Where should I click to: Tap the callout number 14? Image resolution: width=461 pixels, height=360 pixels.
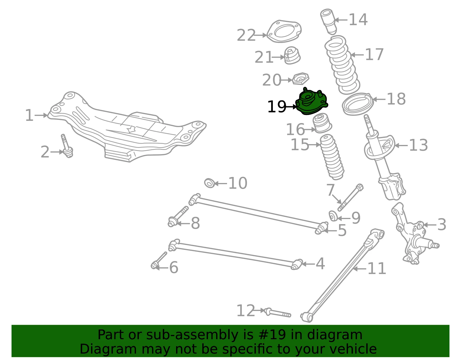pyautogui.click(x=358, y=20)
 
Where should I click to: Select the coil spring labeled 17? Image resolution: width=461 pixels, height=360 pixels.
pyautogui.click(x=342, y=65)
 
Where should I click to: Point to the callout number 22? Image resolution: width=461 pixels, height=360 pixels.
pyautogui.click(x=246, y=35)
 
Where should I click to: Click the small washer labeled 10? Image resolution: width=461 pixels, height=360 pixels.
pyautogui.click(x=209, y=183)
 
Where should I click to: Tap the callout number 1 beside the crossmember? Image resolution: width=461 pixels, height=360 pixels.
pyautogui.click(x=29, y=115)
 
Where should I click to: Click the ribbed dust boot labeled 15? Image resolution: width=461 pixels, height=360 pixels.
pyautogui.click(x=332, y=157)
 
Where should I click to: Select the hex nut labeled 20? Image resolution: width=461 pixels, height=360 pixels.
pyautogui.click(x=301, y=79)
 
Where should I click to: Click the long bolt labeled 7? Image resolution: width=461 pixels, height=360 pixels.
pyautogui.click(x=350, y=197)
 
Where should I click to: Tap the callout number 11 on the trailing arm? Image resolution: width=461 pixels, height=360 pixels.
pyautogui.click(x=377, y=269)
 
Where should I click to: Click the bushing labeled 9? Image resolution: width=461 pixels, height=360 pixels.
pyautogui.click(x=333, y=216)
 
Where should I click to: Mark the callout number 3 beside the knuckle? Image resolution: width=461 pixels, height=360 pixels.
pyautogui.click(x=442, y=225)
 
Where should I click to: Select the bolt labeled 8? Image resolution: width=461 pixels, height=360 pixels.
pyautogui.click(x=178, y=216)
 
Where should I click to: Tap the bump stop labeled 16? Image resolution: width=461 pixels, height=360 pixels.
pyautogui.click(x=322, y=123)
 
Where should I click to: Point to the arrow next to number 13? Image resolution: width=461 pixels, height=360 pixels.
pyautogui.click(x=401, y=146)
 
